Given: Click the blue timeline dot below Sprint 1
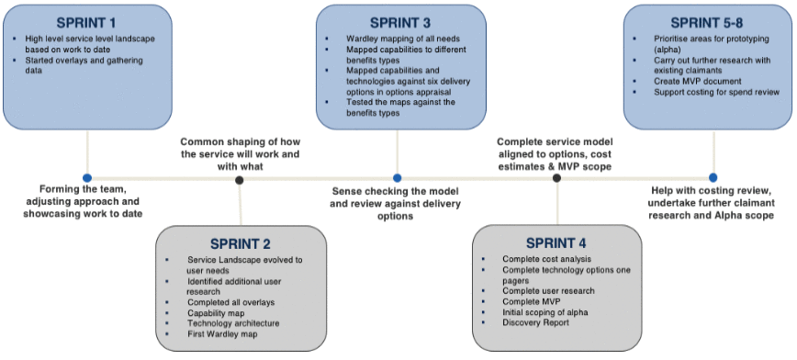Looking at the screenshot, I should coord(87,178).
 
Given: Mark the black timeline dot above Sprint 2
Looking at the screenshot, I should coord(240,180).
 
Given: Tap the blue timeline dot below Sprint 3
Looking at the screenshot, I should coord(398,178).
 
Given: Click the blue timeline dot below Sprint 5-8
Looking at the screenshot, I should coord(713,178).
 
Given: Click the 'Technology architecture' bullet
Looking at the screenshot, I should coord(233,323).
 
